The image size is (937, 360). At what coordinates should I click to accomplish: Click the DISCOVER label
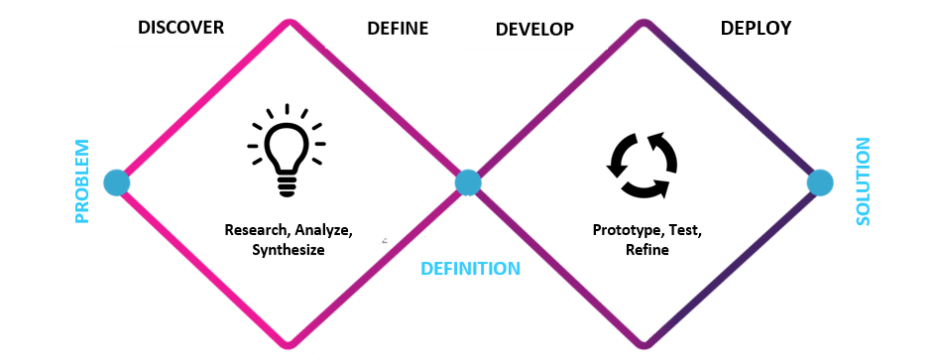pos(180,27)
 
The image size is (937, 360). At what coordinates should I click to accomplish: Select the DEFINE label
pos(398,28)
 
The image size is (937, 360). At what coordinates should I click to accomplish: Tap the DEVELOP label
pos(534,29)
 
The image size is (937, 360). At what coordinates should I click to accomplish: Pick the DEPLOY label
pos(756,28)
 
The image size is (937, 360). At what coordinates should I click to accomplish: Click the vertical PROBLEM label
pos(82,181)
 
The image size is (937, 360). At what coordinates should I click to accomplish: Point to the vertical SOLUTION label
pos(863,181)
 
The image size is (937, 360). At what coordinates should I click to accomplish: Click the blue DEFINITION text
pos(470,269)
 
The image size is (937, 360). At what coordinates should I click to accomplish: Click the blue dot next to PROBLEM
pos(116,182)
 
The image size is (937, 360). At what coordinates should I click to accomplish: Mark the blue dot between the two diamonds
pos(468,182)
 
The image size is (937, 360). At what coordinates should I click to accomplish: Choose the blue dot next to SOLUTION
pos(820,182)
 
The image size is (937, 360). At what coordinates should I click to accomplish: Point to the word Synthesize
pos(289,250)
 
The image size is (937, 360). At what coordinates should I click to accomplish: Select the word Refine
pos(646,250)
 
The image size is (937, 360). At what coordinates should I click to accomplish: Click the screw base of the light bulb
pos(287,183)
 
